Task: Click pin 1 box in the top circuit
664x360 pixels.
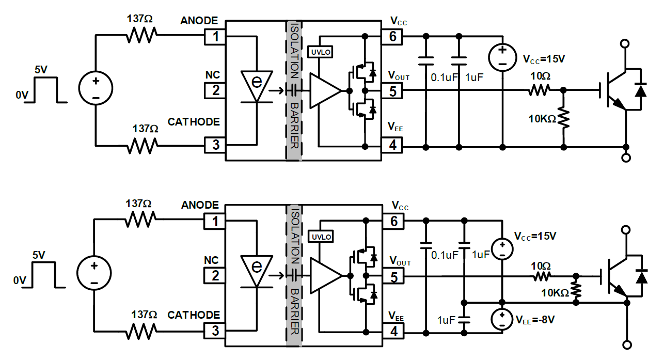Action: (216, 37)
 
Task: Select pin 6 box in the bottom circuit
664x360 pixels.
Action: (394, 222)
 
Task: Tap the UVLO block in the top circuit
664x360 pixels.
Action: (320, 52)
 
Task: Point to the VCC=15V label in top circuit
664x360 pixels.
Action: (544, 59)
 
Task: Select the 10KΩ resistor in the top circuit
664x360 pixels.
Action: (563, 118)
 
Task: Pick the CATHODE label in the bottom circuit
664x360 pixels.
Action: (194, 315)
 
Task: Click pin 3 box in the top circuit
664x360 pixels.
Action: (216, 146)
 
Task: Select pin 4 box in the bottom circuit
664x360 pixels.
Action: (394, 332)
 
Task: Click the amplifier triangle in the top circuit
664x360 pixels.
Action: (324, 91)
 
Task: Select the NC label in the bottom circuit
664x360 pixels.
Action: (211, 260)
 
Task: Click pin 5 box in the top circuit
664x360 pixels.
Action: (393, 91)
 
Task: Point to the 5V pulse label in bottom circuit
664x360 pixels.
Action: (38, 255)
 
